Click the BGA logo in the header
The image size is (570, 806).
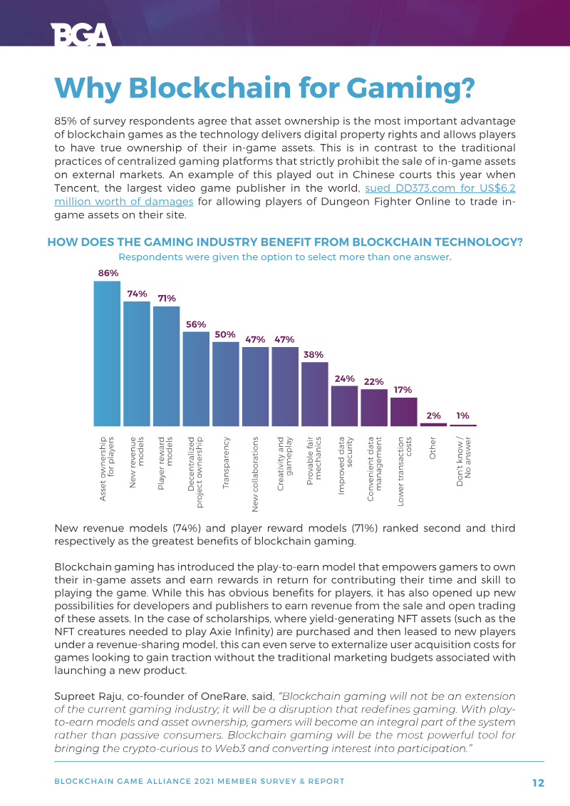coord(81,33)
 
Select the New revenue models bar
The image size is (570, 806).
coord(137,363)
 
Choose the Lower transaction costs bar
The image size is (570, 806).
coord(404,411)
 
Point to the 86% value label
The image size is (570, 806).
coord(108,273)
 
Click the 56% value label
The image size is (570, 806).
coord(196,324)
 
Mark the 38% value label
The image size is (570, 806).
coord(313,354)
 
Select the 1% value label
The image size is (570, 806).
coord(463,415)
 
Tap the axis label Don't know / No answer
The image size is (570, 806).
coord(463,462)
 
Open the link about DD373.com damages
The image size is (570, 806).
coord(440,188)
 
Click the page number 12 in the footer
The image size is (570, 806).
coord(538,782)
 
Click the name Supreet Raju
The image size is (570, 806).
coord(89,696)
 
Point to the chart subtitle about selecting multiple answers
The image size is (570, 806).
coord(285,257)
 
